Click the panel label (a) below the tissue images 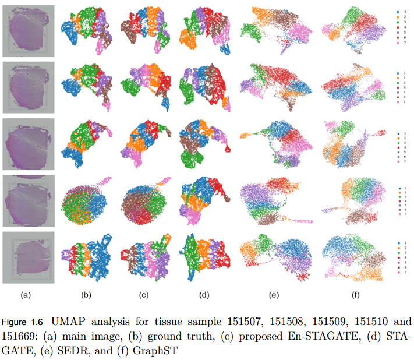pyautogui.click(x=26, y=295)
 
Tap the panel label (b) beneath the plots pyautogui.click(x=86, y=295)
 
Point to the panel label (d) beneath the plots pyautogui.click(x=204, y=295)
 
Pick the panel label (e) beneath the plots pyautogui.click(x=274, y=295)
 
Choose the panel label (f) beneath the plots pyautogui.click(x=355, y=295)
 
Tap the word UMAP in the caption pyautogui.click(x=75, y=321)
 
